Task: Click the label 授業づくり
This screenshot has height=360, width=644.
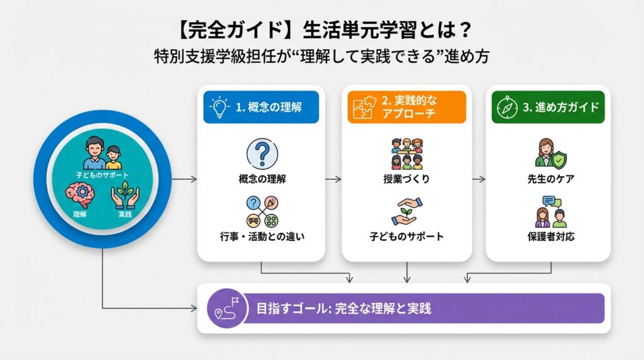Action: pos(406,179)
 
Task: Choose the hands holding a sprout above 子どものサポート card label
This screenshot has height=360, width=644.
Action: pos(406,212)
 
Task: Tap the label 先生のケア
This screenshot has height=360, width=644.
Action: pos(550,179)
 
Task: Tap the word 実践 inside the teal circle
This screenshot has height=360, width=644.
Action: pos(126,216)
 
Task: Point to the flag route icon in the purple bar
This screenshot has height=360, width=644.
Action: pos(225,308)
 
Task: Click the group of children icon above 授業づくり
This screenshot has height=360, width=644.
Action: pos(406,153)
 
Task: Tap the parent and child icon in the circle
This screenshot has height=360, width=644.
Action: pos(103,152)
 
